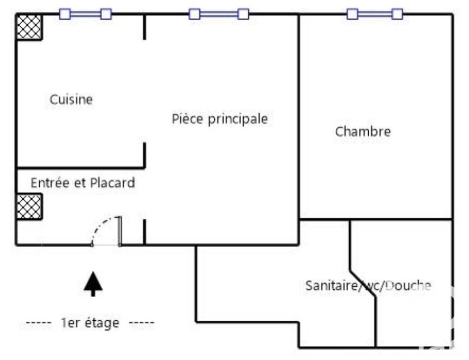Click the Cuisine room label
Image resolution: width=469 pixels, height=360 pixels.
click(x=71, y=99)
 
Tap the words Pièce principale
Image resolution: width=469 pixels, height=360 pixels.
click(x=220, y=119)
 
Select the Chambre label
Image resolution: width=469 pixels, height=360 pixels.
click(x=363, y=131)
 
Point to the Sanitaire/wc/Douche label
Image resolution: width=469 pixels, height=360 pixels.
click(x=368, y=285)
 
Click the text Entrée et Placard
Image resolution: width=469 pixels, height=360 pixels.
click(x=83, y=183)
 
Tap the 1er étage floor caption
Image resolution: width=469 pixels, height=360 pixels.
click(x=90, y=323)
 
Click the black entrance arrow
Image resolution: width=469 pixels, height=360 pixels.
click(x=93, y=284)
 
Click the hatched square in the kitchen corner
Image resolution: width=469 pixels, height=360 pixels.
click(x=29, y=27)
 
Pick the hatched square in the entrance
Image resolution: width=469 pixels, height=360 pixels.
click(x=29, y=207)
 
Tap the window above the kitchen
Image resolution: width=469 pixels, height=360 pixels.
click(x=85, y=14)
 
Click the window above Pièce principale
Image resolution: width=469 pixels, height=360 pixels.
click(x=219, y=14)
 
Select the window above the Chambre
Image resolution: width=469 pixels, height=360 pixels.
click(x=375, y=14)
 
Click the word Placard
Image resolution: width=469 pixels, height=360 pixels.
click(x=112, y=183)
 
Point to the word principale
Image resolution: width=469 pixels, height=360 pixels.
click(x=238, y=119)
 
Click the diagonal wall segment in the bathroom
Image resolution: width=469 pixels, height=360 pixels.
click(x=363, y=284)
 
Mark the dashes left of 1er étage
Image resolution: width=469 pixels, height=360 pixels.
click(x=39, y=322)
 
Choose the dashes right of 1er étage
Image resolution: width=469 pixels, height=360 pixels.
click(x=141, y=322)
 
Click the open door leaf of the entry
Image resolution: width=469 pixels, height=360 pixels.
click(x=120, y=231)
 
